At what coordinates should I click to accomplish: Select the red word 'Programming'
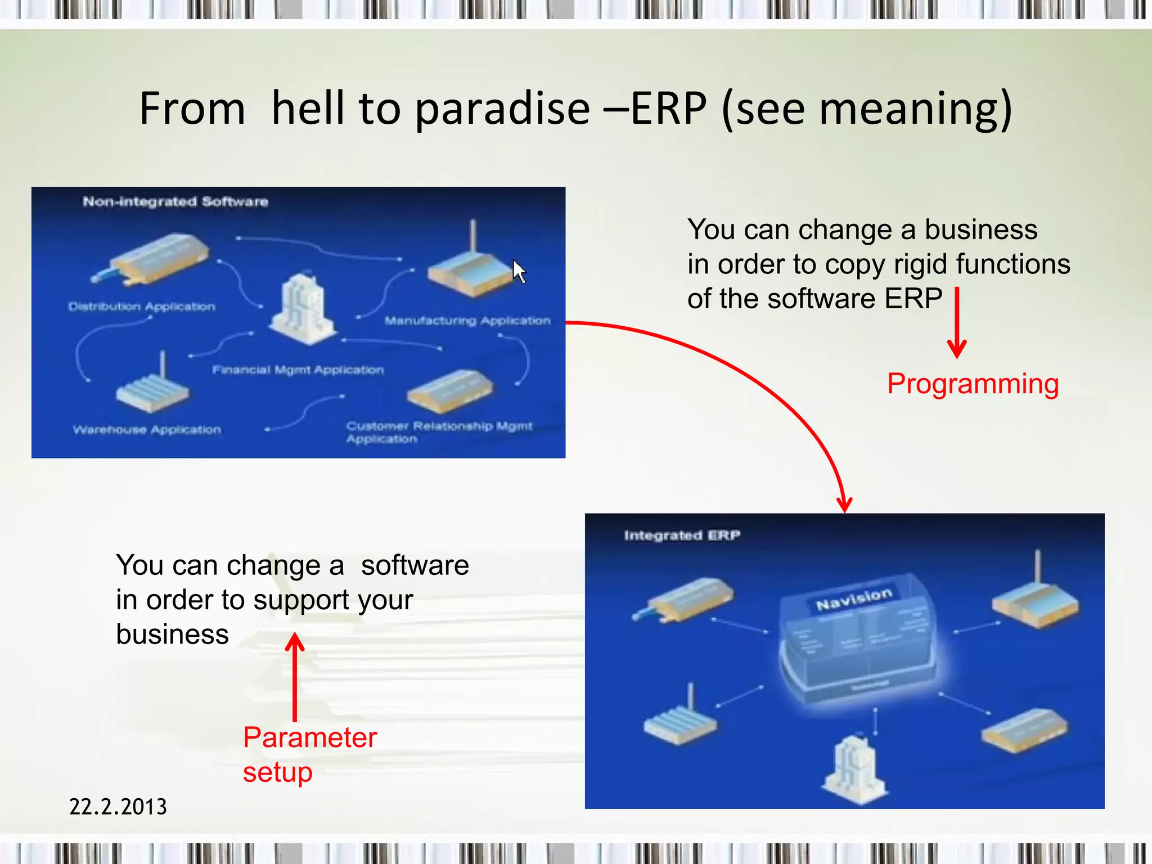(973, 384)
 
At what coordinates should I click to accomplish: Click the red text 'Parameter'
(309, 737)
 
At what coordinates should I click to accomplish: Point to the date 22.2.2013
(118, 807)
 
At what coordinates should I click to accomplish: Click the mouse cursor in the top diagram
(519, 271)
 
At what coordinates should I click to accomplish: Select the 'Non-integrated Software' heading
(175, 202)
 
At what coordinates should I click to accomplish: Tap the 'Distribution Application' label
(142, 307)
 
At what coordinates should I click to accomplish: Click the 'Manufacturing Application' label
(467, 321)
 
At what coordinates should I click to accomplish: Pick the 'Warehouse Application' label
(147, 430)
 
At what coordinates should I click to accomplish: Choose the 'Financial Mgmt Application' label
(298, 370)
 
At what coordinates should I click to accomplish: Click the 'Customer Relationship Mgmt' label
(439, 426)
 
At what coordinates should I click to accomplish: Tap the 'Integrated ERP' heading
(682, 535)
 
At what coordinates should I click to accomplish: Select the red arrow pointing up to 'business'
(295, 675)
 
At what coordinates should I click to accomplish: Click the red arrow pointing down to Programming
(957, 323)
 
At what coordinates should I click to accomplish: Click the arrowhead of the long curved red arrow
(844, 503)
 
